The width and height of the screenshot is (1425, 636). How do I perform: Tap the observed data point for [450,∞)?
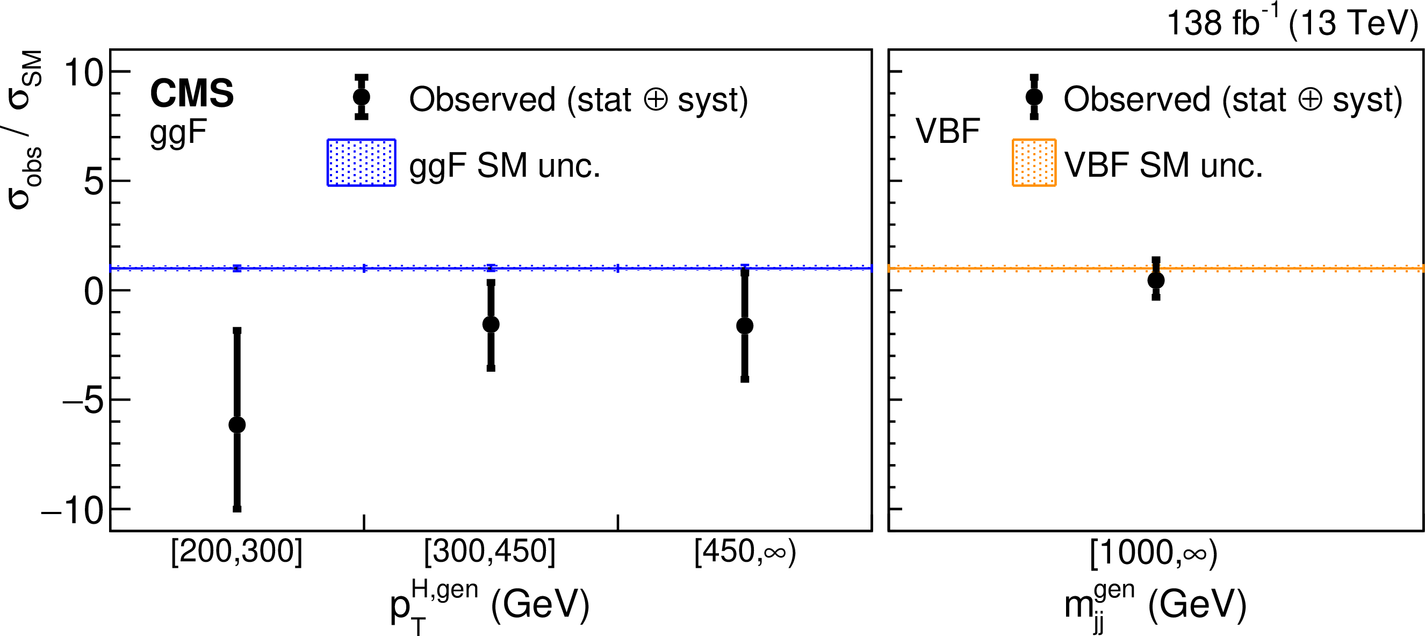[745, 326]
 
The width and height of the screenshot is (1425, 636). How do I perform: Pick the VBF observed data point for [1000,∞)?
[1156, 280]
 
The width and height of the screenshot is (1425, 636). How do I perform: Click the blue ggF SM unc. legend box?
[361, 163]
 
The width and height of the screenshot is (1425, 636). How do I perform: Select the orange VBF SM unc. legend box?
[1034, 163]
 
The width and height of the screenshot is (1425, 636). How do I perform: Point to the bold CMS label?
[191, 93]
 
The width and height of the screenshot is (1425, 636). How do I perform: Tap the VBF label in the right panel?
[948, 132]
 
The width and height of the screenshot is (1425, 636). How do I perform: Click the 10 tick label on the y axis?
[83, 73]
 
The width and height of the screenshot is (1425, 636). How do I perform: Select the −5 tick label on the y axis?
[83, 400]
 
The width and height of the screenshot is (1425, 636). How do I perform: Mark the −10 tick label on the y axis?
[73, 510]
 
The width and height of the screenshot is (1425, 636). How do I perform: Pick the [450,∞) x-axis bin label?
[745, 552]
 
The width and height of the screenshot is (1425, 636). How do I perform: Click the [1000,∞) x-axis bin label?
[1154, 553]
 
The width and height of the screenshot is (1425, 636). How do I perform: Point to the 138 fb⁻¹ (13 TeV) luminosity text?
[1292, 23]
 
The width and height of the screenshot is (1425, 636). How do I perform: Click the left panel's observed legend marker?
[361, 97]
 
